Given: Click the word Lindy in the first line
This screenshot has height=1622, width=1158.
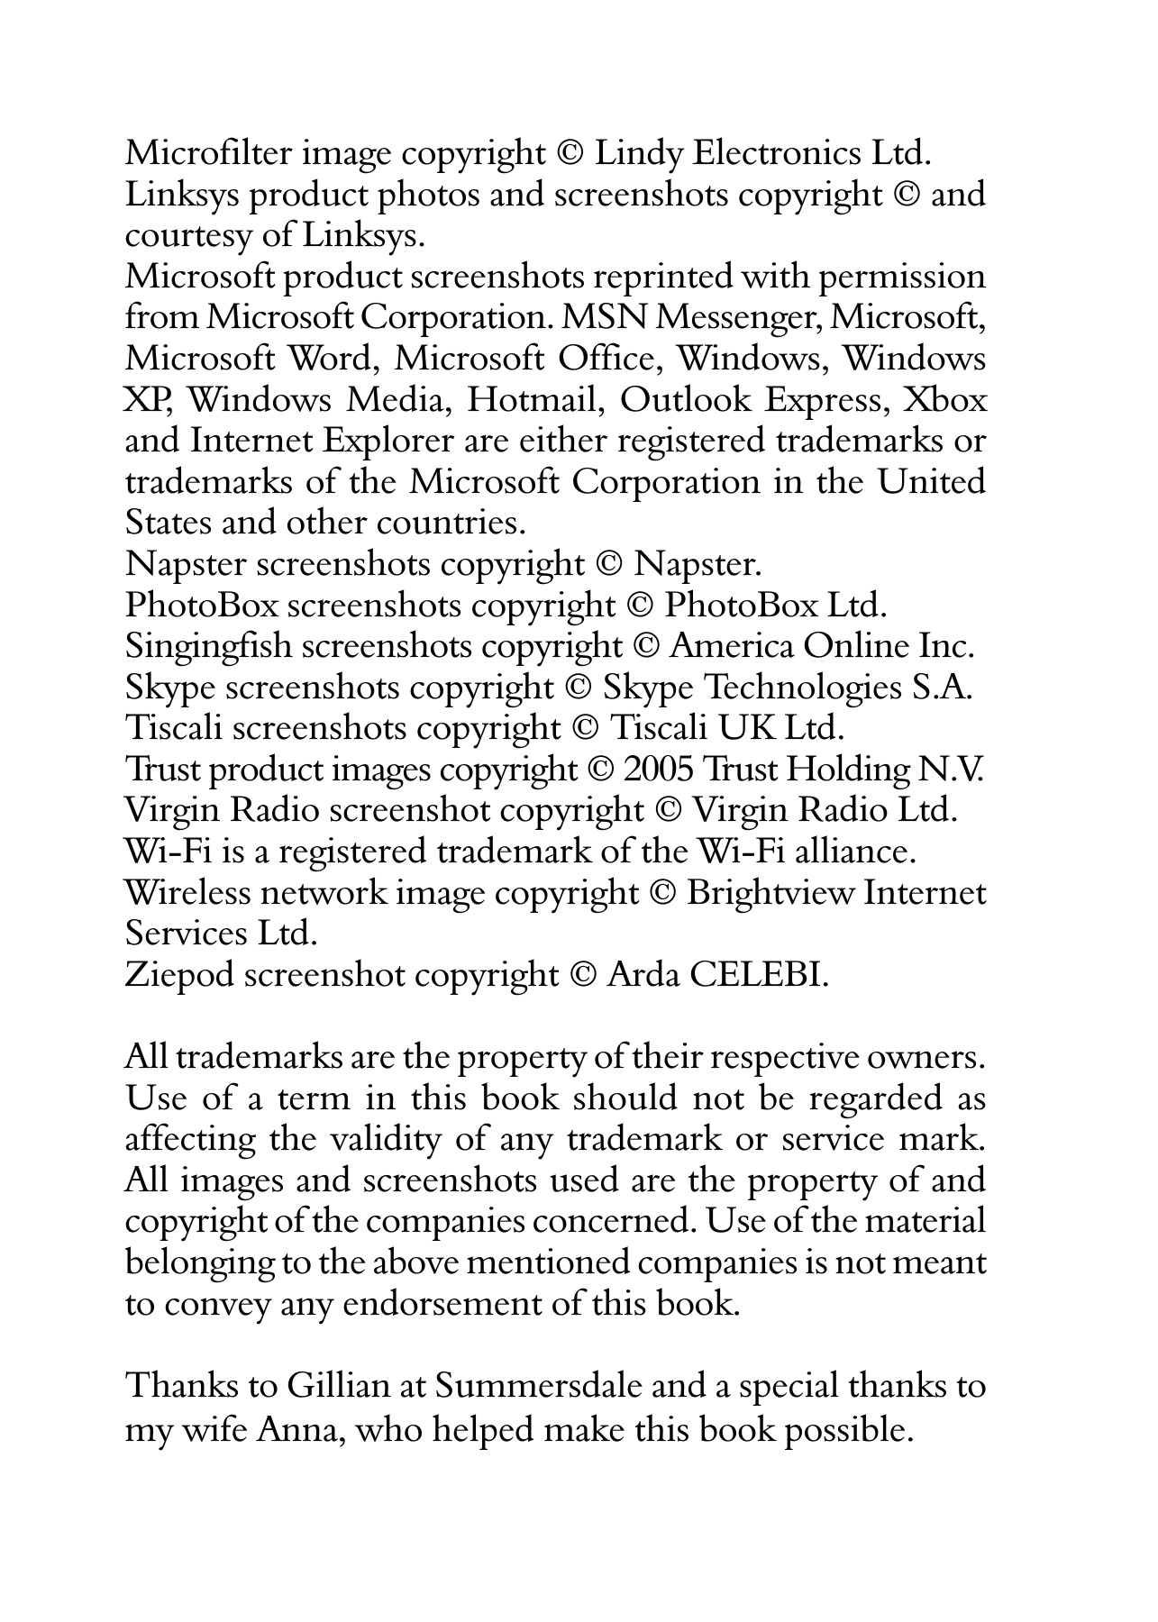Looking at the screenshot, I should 639,153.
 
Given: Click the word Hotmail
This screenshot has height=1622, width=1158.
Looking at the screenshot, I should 533,400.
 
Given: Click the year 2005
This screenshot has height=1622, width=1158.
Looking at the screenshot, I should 658,770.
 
